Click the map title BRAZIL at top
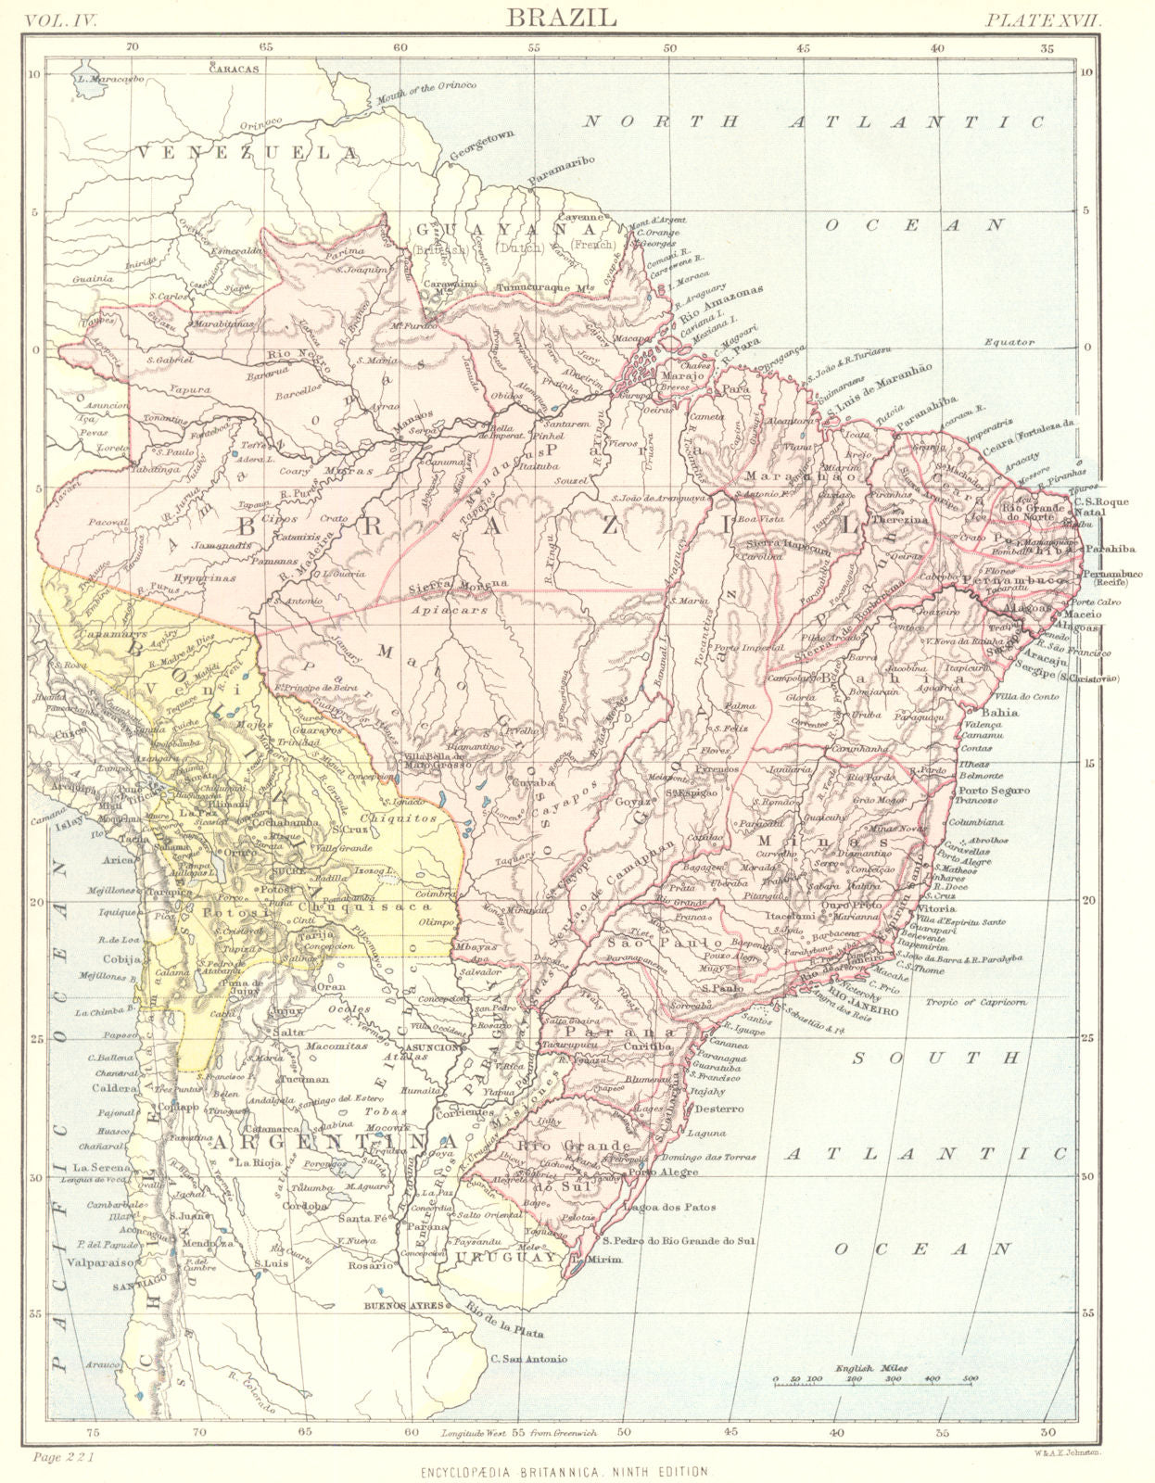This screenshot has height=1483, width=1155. pos(577,17)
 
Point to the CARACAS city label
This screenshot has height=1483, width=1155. pos(234,69)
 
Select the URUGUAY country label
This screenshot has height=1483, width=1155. pos(505,1258)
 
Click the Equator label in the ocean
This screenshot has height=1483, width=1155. pos(1009,342)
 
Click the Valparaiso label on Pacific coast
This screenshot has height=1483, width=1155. pos(105,1261)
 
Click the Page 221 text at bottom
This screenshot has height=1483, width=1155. pos(63,1458)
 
